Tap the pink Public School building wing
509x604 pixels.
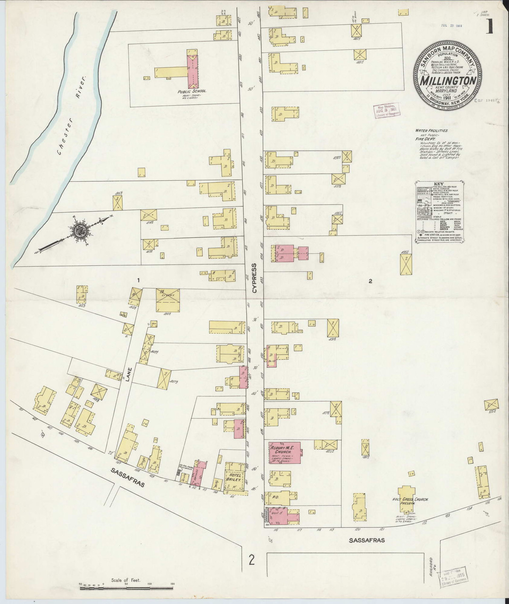[192, 69]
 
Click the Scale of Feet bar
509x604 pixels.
[126, 588]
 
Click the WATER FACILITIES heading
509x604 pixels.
[431, 130]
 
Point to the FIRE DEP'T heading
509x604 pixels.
[424, 139]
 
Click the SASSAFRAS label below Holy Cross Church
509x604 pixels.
[367, 539]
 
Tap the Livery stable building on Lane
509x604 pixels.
[167, 300]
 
